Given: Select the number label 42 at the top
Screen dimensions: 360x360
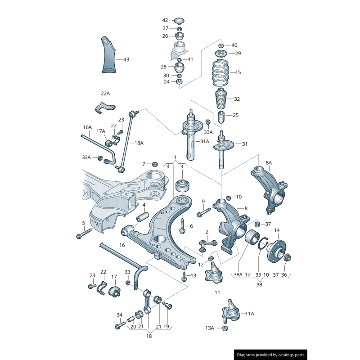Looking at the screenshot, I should [165, 20].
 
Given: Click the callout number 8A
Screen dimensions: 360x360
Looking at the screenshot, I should [269, 162].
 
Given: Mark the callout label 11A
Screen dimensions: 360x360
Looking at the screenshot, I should [249, 313].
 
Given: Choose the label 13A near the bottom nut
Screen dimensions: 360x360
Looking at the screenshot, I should [210, 328].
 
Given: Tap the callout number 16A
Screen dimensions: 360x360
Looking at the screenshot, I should [87, 127].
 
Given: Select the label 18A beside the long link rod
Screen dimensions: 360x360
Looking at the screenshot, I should [139, 143].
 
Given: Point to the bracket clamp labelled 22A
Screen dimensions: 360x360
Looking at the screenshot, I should [105, 108].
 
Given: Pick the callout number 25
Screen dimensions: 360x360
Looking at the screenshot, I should [235, 116].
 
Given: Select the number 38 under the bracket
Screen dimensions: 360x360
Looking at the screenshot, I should [259, 284].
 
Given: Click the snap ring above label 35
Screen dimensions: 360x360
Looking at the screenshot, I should [261, 246].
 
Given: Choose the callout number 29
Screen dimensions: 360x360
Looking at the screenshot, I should [238, 54].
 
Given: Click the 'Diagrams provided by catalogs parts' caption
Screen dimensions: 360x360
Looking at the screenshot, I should [271, 355].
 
